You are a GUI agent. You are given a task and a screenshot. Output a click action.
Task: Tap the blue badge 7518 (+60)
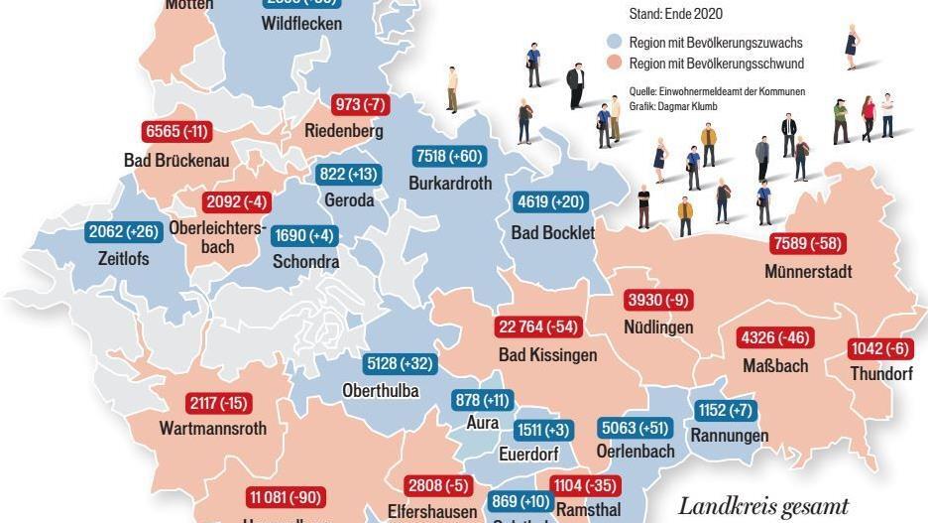point(447,157)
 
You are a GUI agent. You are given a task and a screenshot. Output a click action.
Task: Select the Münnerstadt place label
point(808,271)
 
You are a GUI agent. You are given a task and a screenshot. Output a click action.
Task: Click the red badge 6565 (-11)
point(176,132)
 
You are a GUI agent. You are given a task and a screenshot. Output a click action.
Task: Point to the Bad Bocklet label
point(553,232)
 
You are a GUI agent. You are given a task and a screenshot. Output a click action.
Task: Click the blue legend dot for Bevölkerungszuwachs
point(615,43)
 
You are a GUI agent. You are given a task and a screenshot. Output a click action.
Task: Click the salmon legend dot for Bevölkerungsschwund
point(615,64)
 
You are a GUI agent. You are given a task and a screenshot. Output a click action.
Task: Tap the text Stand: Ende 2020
point(676,14)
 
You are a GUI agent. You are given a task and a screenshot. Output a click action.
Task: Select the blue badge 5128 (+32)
point(401,364)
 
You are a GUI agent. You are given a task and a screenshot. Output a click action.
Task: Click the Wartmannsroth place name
point(212,429)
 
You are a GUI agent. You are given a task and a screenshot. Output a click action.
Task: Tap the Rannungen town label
point(729,436)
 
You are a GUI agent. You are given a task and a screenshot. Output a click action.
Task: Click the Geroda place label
point(349,199)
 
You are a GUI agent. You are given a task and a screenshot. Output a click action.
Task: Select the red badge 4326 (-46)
point(775,338)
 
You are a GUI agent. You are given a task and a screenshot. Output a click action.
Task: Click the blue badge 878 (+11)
point(481,400)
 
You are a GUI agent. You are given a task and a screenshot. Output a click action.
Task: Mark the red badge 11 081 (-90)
point(286,497)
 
